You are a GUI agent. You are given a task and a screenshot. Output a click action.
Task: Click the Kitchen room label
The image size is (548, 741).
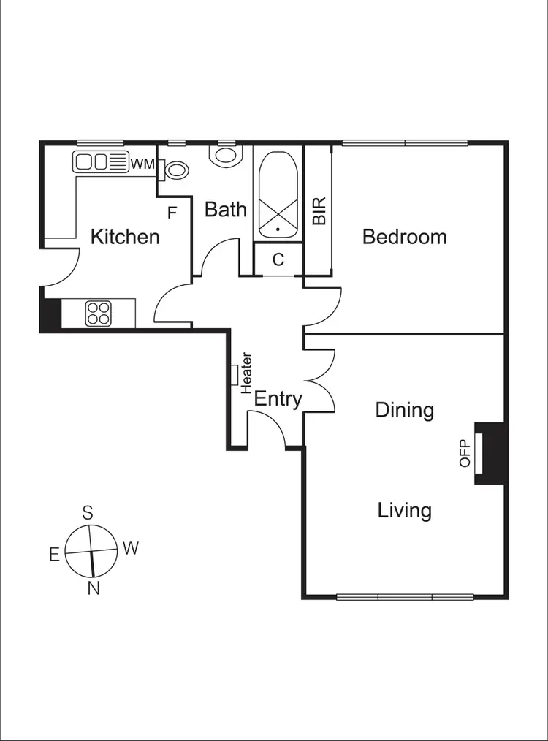125,237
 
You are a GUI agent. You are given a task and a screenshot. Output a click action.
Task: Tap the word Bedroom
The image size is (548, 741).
404,237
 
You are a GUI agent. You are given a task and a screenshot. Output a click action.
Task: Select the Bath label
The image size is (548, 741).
225,210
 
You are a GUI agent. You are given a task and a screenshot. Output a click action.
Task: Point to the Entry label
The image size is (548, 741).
278,399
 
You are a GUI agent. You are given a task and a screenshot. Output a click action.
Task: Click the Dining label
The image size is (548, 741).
404,410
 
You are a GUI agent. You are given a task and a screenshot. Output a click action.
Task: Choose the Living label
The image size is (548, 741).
404,510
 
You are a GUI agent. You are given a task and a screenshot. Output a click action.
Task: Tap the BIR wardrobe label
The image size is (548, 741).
319,210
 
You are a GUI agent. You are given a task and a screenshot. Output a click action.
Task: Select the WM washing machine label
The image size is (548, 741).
142,164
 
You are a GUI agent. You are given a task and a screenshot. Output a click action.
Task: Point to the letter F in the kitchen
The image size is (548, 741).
172,213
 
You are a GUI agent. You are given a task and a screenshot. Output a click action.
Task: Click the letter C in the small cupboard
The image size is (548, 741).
278,259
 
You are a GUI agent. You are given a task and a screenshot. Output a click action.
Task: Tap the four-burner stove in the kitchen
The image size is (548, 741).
98,313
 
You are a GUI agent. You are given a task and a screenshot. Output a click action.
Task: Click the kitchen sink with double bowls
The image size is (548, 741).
100,161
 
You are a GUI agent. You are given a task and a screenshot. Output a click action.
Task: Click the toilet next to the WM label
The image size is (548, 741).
175,170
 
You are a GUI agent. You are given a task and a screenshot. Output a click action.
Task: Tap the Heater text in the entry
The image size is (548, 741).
247,373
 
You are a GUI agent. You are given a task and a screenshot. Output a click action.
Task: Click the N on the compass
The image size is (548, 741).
94,588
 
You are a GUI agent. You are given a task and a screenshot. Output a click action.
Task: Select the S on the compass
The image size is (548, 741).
88,512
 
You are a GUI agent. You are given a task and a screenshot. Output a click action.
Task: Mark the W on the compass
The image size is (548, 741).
130,548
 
